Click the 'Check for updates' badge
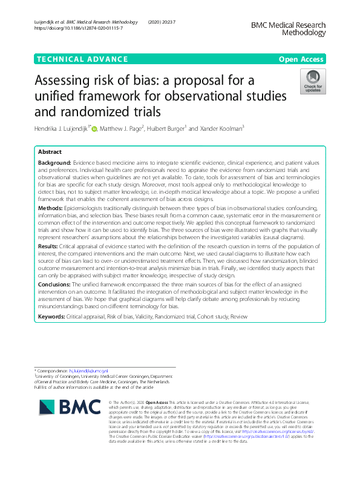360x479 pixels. pyautogui.click(x=313, y=82)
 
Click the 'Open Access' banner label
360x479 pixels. pyautogui.click(x=302, y=59)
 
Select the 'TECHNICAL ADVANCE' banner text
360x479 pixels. pyautogui.click(x=82, y=59)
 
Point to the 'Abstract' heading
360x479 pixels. pyautogui.click(x=50, y=151)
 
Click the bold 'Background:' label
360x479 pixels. pyautogui.click(x=54, y=164)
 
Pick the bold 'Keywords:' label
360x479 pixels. pyautogui.click(x=53, y=317)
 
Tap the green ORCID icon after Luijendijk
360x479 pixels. pyautogui.click(x=94, y=128)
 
